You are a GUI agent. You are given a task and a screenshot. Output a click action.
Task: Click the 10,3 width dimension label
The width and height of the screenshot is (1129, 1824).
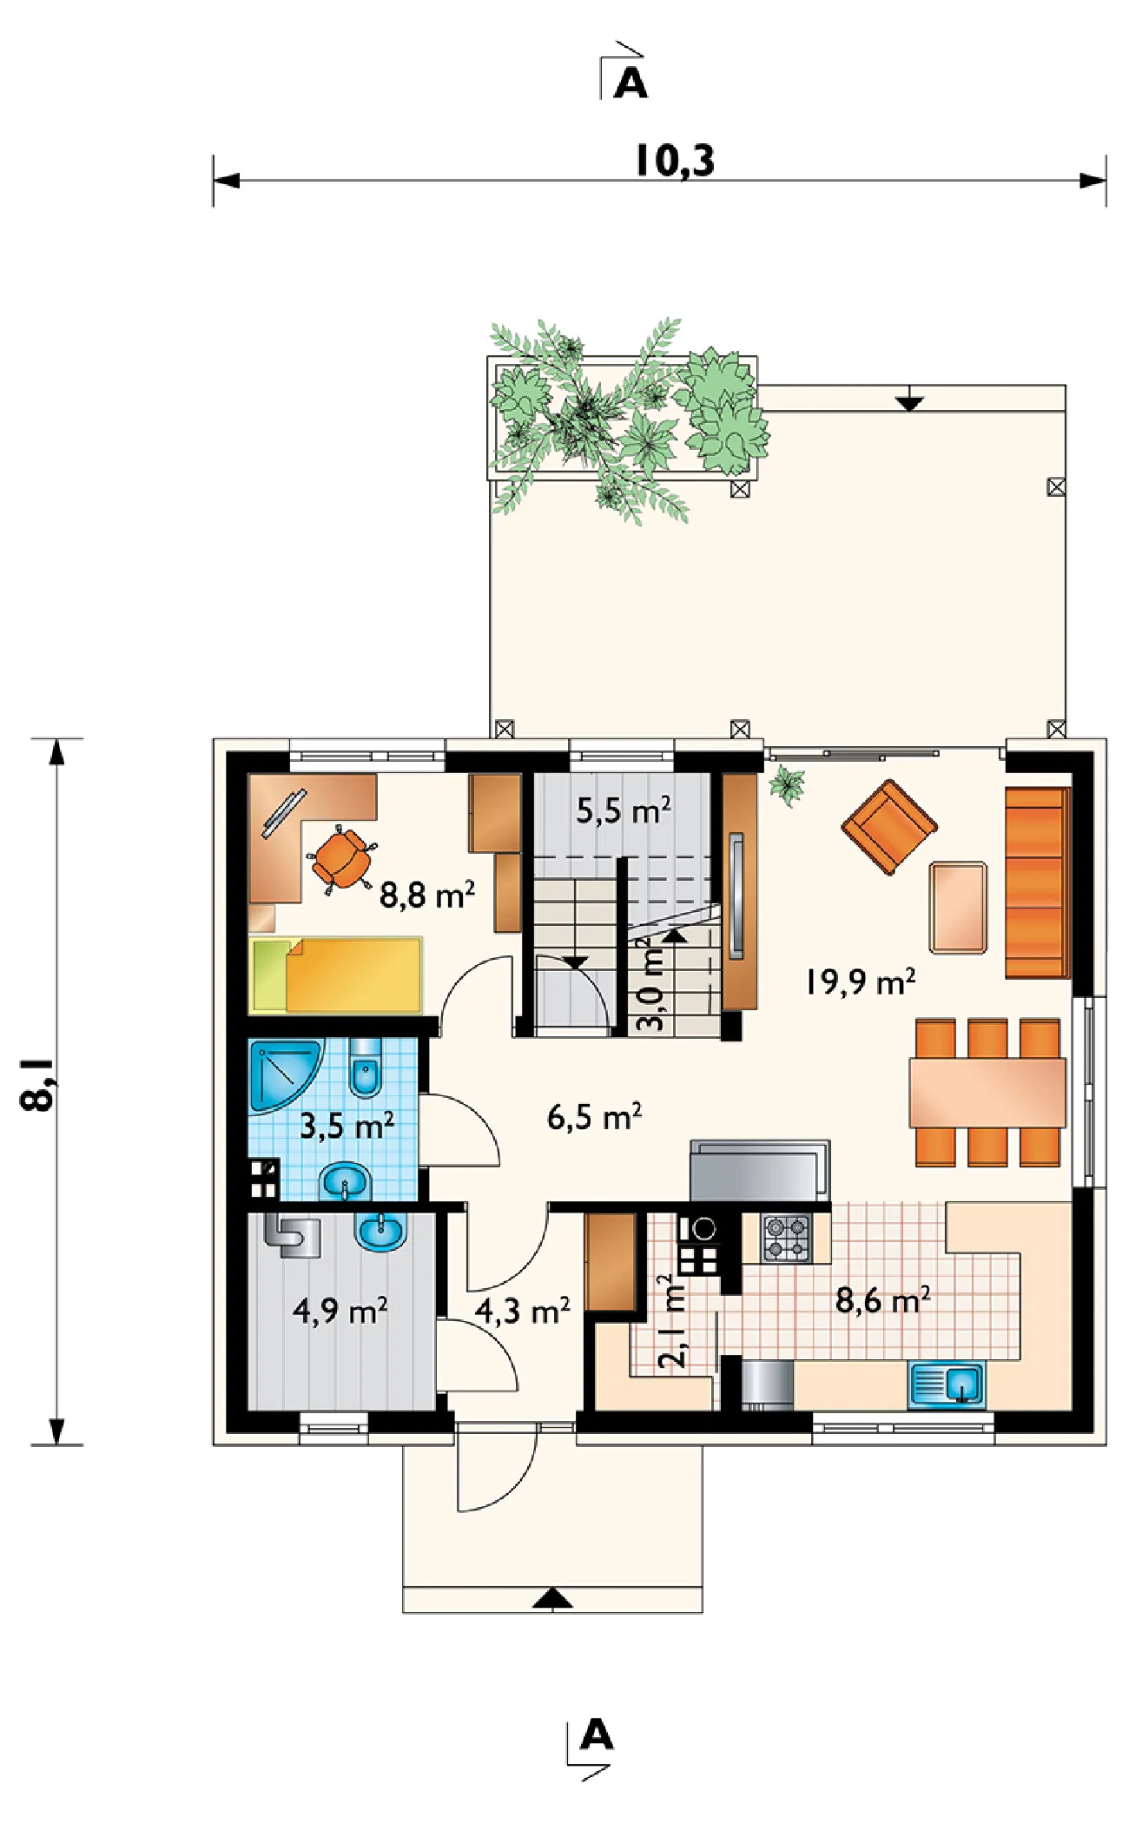[675, 161]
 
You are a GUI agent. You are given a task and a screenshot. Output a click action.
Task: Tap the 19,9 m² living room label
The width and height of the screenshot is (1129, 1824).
[860, 981]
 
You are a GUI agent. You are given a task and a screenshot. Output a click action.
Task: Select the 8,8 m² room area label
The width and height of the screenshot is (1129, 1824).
[427, 894]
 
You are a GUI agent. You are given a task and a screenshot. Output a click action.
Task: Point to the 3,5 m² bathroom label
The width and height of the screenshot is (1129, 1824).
[347, 1125]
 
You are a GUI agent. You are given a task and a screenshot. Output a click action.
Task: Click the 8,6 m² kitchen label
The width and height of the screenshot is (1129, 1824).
[882, 1300]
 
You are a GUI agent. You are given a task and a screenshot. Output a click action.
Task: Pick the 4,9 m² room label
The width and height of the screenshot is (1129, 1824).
[340, 1310]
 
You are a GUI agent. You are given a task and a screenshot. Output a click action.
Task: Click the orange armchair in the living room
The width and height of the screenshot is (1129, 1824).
[889, 826]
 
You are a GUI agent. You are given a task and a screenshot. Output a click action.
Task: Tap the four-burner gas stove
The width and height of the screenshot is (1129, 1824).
[787, 1239]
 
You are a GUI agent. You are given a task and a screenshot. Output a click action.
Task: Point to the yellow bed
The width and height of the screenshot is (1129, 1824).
[336, 975]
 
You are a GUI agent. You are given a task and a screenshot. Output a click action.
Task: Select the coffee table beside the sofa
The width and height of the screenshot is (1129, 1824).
[958, 908]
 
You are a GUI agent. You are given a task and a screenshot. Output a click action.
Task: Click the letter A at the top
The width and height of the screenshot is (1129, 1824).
[631, 83]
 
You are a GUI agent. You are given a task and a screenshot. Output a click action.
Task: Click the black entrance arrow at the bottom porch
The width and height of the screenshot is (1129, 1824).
[552, 1599]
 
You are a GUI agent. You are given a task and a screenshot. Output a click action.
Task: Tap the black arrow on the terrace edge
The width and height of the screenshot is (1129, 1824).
[909, 402]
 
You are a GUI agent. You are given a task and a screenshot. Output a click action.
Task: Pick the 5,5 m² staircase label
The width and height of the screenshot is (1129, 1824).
[624, 810]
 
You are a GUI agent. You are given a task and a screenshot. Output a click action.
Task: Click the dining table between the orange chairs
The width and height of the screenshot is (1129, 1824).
[987, 1092]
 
